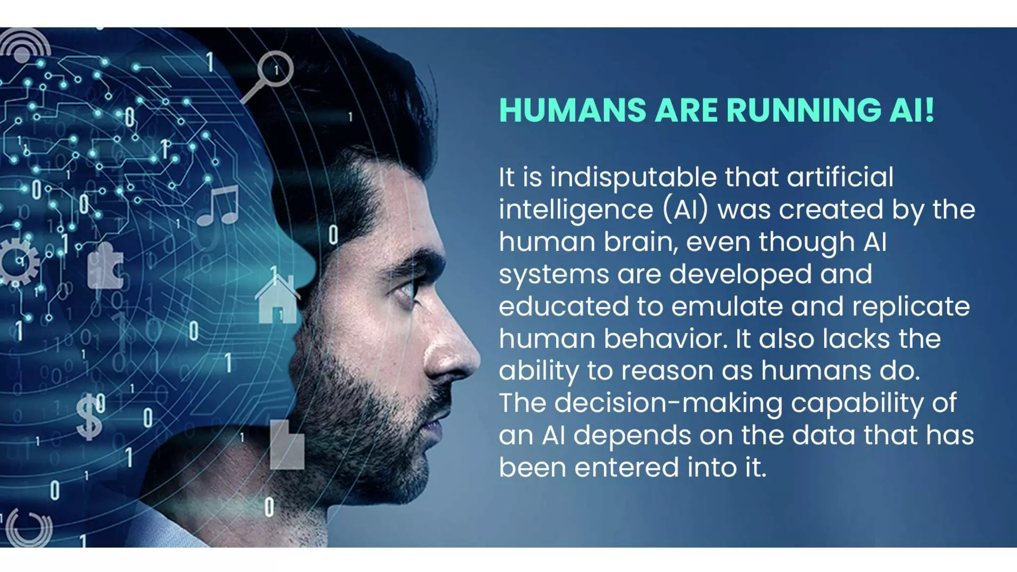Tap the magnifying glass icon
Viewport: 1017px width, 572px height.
pyautogui.click(x=270, y=74)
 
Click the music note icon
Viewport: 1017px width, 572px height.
pyautogui.click(x=218, y=206)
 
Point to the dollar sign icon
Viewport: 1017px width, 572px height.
pyautogui.click(x=89, y=417)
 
